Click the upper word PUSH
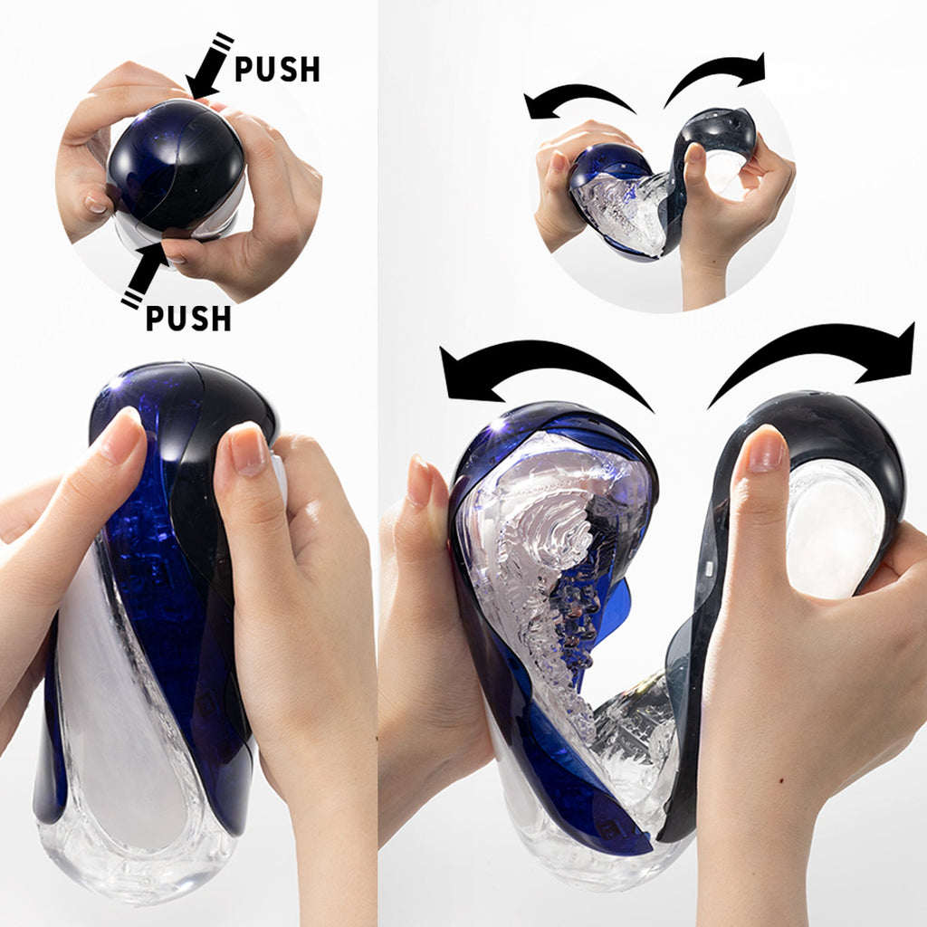pos(277,69)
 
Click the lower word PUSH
pos(188,318)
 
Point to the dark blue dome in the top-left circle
pos(177,163)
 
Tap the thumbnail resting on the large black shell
pos(765,451)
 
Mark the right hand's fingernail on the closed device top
pos(247,449)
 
